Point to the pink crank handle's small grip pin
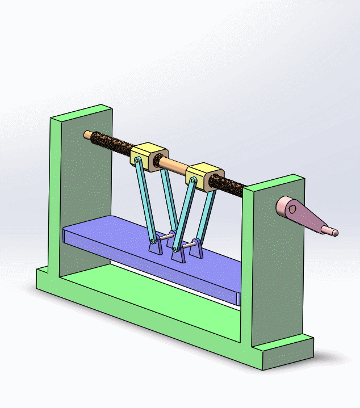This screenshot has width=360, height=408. (330, 230)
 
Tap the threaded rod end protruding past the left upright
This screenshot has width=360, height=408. (87, 135)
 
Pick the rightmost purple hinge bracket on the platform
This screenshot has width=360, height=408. (198, 250)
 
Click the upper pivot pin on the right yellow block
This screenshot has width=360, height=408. (194, 181)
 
